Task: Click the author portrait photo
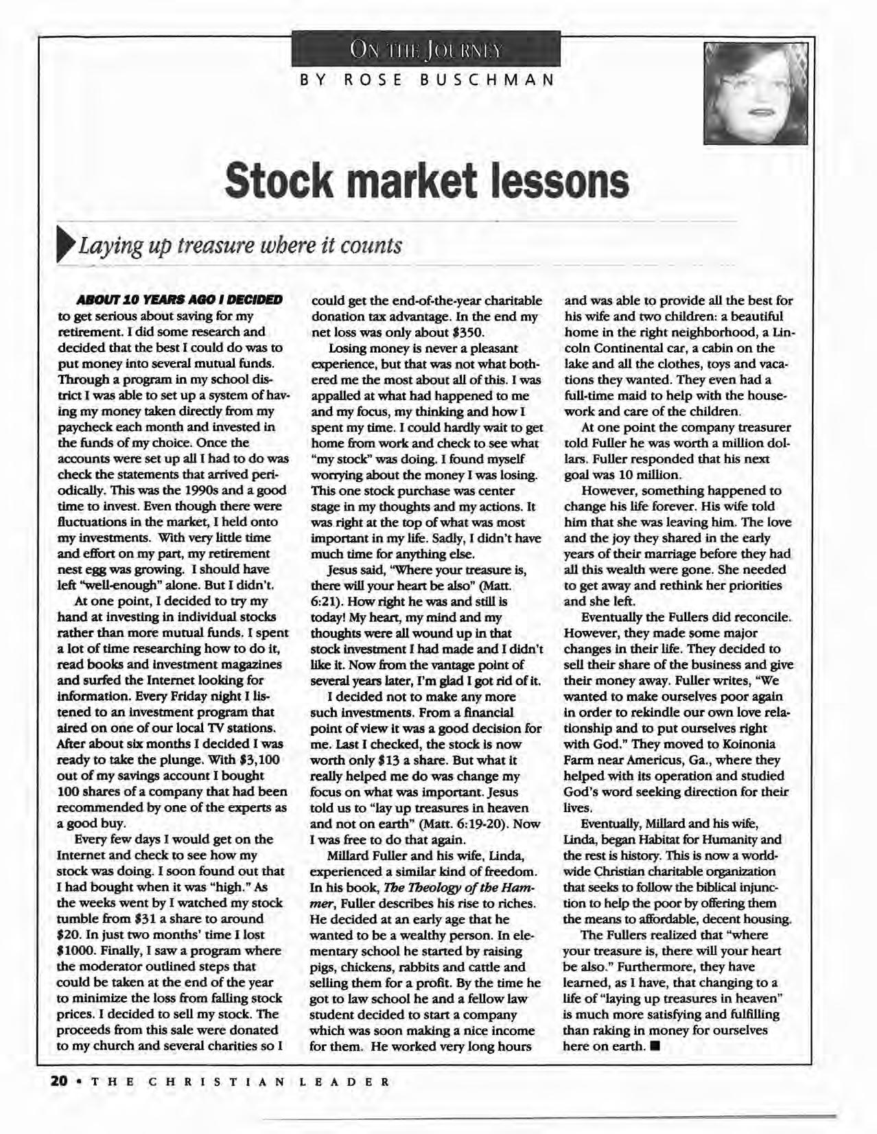755,93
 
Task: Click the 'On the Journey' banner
426,51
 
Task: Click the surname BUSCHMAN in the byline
487,80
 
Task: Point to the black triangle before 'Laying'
69,246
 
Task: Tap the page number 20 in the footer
59,1080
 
